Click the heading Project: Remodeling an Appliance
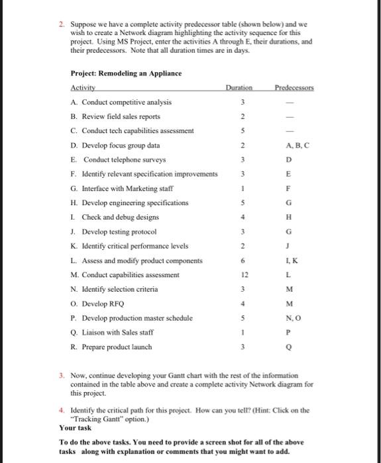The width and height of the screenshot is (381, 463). pos(126,73)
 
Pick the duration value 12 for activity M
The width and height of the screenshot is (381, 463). pos(244,274)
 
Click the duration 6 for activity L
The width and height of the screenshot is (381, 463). pos(244,260)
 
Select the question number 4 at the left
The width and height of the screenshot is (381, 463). pos(61,410)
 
